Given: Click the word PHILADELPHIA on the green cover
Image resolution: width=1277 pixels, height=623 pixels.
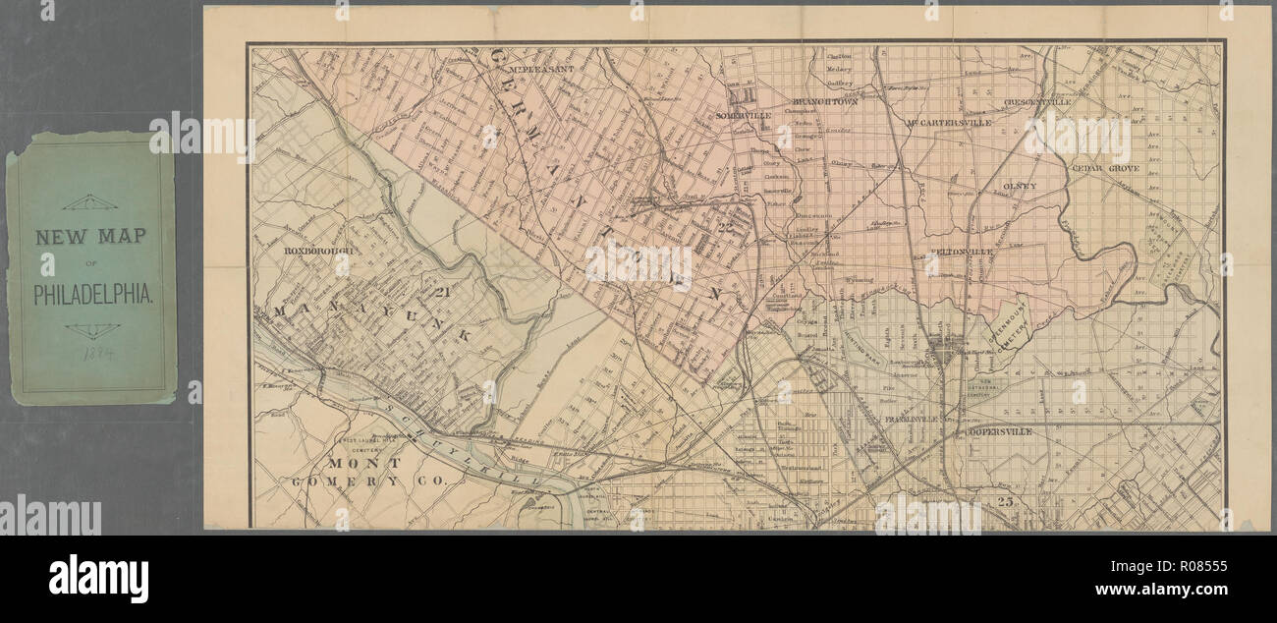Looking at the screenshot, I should (x=91, y=294).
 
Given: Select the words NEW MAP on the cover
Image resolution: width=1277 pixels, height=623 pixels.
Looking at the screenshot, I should (x=91, y=237).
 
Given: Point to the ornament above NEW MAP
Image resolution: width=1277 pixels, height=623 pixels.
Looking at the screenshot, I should (x=90, y=201).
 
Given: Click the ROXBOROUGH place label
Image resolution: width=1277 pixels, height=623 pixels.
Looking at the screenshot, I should (x=317, y=251).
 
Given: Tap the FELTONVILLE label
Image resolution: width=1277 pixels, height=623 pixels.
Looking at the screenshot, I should (x=962, y=253).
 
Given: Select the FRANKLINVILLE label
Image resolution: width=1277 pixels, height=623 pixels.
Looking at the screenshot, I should (x=913, y=419).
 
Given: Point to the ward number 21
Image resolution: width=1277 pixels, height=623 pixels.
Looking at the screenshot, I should (x=441, y=290).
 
